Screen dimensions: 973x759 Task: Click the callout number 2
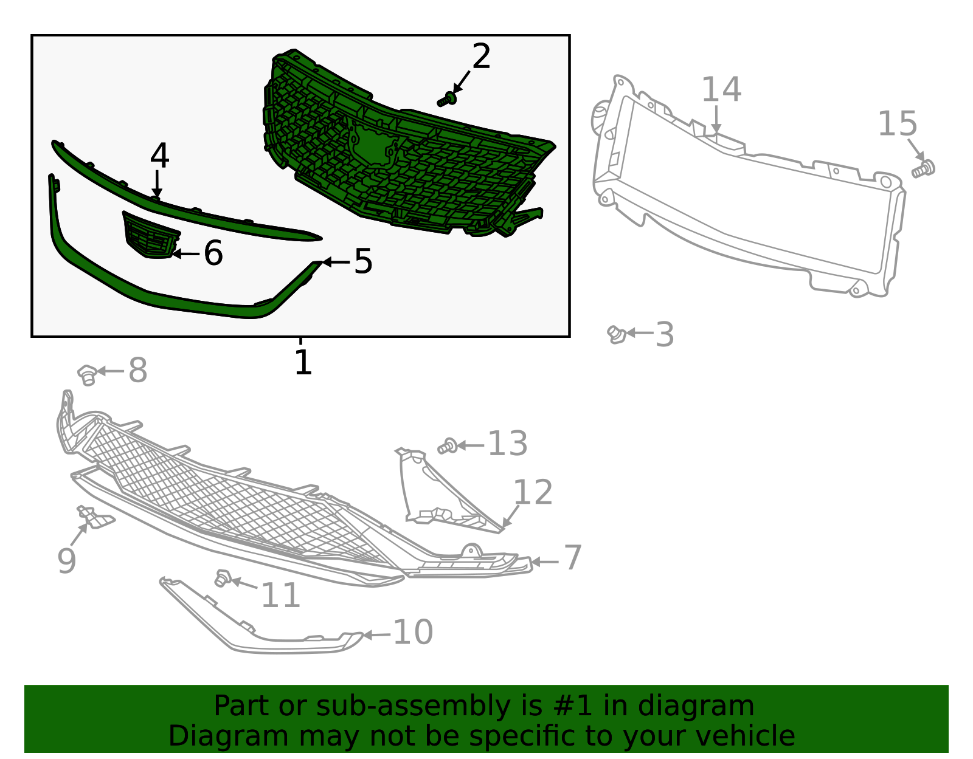click(x=482, y=57)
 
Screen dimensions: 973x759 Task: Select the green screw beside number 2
click(x=447, y=100)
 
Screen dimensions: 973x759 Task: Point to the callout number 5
click(x=363, y=261)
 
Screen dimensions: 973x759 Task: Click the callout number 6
click(x=213, y=253)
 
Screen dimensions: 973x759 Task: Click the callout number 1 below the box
click(x=303, y=362)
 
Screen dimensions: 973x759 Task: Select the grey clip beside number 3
click(x=617, y=334)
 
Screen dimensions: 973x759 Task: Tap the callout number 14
click(x=721, y=89)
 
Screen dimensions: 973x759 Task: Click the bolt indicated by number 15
click(x=923, y=169)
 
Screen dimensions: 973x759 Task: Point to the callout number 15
click(x=898, y=123)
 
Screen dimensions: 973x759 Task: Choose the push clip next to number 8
click(x=88, y=375)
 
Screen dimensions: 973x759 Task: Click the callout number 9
click(x=67, y=561)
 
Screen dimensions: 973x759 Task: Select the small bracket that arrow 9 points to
click(x=95, y=518)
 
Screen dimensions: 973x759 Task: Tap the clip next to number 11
click(x=223, y=578)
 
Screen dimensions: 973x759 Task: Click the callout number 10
click(x=413, y=631)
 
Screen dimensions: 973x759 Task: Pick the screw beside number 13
click(x=448, y=446)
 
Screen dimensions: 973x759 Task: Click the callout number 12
click(x=533, y=492)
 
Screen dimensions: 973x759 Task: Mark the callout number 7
click(x=573, y=557)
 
